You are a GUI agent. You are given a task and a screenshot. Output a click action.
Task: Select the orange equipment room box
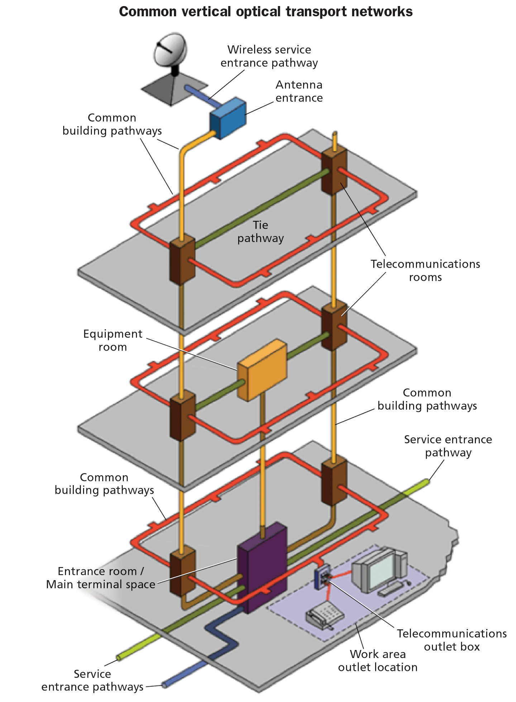tap(262, 370)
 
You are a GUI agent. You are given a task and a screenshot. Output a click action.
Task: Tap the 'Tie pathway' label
tap(261, 231)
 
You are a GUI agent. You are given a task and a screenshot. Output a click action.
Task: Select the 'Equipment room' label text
tap(113, 340)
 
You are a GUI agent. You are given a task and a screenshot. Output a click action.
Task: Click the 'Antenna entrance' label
tap(299, 91)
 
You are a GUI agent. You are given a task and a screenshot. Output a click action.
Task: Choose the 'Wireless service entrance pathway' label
tap(269, 56)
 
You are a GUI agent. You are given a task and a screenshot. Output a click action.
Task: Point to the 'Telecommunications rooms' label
tap(425, 270)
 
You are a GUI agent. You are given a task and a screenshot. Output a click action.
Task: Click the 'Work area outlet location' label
tap(378, 660)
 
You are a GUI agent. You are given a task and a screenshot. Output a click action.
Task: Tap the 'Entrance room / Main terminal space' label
tap(101, 577)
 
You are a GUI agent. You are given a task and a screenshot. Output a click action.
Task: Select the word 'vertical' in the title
tap(205, 11)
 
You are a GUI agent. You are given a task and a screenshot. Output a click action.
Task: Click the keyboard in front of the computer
tap(392, 589)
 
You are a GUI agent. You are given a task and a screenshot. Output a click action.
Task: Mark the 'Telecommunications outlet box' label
tap(451, 640)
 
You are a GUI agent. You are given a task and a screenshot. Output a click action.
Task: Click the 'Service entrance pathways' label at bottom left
tap(92, 680)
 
